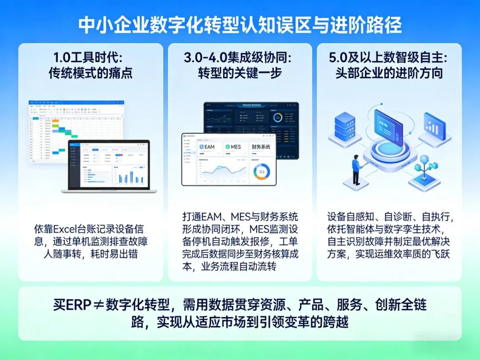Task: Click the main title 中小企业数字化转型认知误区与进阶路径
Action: [240, 25]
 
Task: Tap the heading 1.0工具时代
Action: [90, 58]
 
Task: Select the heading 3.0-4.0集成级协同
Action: [240, 58]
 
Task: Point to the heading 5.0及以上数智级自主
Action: [389, 58]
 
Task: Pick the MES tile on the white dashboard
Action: [233, 147]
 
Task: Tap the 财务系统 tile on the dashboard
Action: [261, 147]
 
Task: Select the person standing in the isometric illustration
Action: [356, 169]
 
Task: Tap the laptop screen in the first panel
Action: [109, 164]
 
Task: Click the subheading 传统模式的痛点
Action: [90, 72]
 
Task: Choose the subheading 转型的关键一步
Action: [240, 72]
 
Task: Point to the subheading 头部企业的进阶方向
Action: [389, 72]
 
